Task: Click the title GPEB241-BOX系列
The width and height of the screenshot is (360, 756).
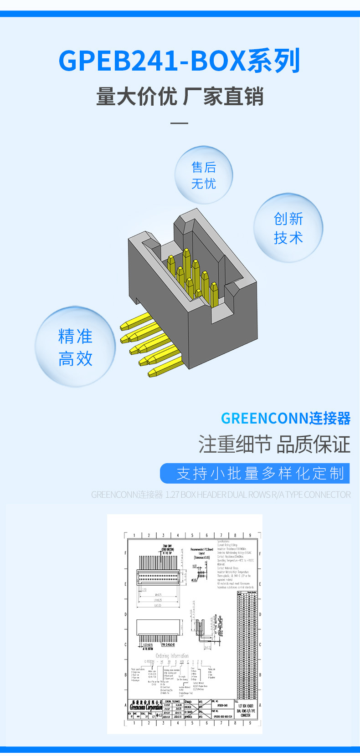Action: click(179, 61)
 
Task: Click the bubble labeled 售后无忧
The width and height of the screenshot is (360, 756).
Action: click(204, 175)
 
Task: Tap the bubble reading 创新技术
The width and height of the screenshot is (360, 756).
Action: click(288, 228)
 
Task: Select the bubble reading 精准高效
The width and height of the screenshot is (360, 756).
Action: click(75, 347)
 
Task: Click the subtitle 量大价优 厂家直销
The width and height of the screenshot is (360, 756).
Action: click(180, 97)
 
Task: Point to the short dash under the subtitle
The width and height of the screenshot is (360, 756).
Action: click(179, 123)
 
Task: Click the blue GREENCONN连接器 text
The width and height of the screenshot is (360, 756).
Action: click(285, 418)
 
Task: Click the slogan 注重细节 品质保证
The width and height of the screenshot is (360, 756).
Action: click(274, 444)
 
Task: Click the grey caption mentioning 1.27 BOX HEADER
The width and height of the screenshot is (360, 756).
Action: click(221, 495)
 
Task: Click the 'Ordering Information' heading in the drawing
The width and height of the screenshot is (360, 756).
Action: click(172, 656)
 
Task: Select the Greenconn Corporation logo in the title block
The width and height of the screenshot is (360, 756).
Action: click(146, 706)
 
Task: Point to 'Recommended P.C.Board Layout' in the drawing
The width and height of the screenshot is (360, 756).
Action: click(201, 552)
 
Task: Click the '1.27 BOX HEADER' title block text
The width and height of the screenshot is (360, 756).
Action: click(247, 710)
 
